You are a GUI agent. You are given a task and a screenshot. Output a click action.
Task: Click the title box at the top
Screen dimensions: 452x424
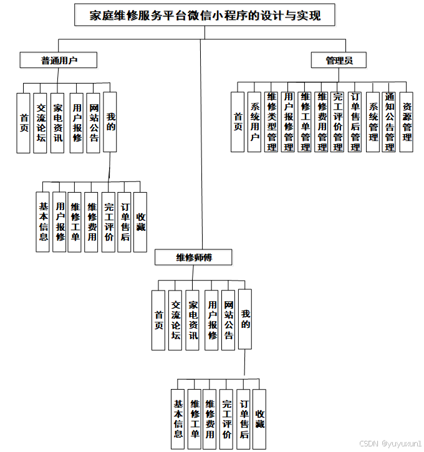[x=205, y=15]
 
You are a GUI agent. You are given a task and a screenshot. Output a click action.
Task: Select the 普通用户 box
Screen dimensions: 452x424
[x=59, y=60]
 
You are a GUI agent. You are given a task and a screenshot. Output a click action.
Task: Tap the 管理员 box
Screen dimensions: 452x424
[x=339, y=60]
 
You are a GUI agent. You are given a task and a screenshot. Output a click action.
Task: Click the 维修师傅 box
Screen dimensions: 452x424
[x=195, y=257]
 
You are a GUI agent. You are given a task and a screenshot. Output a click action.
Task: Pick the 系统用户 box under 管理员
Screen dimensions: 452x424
[x=254, y=122]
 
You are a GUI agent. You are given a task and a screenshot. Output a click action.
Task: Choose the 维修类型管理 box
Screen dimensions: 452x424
[x=271, y=122]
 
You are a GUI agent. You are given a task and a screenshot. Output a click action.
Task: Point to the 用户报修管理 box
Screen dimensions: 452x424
[x=288, y=122]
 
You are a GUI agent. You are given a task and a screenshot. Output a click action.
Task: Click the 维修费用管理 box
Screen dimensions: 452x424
[x=322, y=122]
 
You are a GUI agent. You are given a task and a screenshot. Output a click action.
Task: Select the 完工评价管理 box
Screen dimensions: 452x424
[x=339, y=122]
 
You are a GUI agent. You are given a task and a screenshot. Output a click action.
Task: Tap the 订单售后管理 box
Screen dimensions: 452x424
[x=355, y=122]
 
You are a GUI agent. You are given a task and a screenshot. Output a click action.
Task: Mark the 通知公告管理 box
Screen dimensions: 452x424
[x=390, y=122]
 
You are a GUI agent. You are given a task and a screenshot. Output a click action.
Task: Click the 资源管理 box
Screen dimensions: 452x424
[x=407, y=122]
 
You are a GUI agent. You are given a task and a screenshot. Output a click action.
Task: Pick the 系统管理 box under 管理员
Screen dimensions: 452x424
[x=373, y=122]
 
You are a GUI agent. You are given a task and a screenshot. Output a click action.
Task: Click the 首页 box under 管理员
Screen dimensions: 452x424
[x=238, y=122]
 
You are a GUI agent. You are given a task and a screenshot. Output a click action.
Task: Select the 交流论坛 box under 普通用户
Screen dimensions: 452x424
[x=41, y=122]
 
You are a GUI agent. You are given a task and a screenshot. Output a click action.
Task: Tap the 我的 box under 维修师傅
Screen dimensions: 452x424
[x=246, y=319]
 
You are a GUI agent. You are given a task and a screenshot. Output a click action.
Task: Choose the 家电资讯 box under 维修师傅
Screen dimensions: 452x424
[x=193, y=319]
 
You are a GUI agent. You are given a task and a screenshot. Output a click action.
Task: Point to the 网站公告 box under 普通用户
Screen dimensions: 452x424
[x=94, y=122]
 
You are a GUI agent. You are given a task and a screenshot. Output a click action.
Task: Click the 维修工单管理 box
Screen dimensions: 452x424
[x=305, y=122]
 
